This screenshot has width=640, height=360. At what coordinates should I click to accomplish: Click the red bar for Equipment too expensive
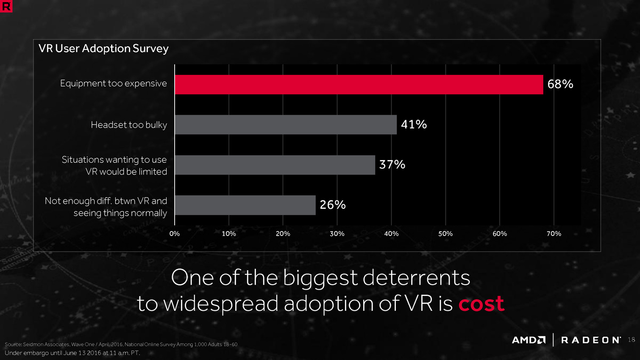click(359, 84)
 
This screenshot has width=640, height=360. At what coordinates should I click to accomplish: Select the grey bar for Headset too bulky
click(286, 125)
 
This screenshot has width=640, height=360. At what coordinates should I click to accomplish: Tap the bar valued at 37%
click(275, 165)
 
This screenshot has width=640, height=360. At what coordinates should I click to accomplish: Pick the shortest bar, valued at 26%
click(245, 205)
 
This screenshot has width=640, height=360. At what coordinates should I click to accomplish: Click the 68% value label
click(560, 84)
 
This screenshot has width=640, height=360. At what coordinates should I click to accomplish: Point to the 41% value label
click(414, 125)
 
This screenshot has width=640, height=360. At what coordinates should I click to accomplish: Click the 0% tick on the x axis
click(175, 234)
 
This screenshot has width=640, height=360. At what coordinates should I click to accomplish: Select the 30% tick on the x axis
click(337, 234)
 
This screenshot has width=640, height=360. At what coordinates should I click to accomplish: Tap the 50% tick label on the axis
click(445, 234)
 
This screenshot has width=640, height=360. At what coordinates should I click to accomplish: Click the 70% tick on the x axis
click(554, 234)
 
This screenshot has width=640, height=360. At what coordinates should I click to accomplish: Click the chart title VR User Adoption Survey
click(103, 49)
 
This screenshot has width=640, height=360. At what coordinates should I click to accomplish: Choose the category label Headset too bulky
click(129, 125)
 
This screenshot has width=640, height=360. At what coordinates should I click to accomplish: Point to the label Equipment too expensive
click(114, 83)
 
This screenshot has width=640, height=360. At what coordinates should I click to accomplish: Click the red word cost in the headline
click(481, 304)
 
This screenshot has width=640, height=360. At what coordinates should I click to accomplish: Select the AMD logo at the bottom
click(529, 340)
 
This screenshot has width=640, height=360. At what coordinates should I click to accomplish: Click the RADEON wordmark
click(591, 340)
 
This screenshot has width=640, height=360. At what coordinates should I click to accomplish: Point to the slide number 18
click(631, 340)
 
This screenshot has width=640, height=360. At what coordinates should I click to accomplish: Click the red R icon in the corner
click(6, 6)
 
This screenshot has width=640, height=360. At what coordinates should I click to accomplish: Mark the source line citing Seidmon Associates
click(121, 344)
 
